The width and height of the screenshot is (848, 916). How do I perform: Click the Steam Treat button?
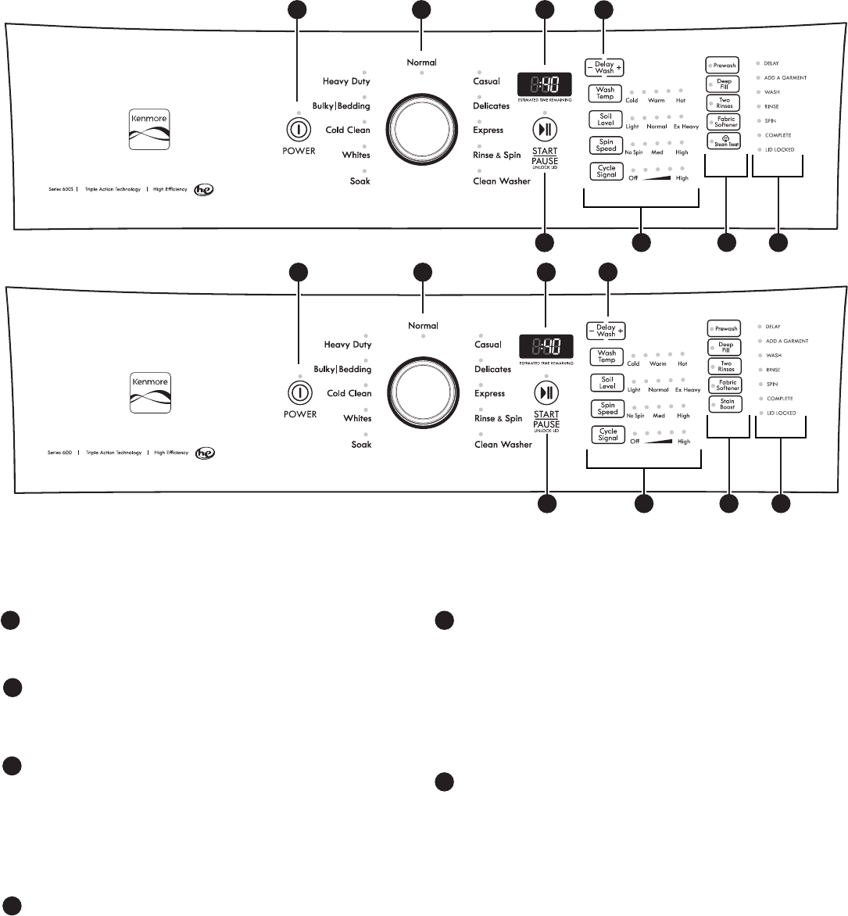724,141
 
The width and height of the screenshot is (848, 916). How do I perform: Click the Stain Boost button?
727,404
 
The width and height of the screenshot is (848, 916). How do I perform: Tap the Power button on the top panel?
299,130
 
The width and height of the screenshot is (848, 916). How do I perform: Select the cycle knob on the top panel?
422,130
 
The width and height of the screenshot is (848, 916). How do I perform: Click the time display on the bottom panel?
546,345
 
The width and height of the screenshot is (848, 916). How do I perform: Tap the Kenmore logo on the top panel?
148,130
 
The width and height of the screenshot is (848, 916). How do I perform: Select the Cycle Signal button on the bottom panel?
608,435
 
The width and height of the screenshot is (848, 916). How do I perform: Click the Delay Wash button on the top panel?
605,68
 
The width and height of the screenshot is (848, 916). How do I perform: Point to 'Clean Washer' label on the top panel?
502,181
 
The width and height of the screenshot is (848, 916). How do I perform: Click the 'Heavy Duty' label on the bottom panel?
348,345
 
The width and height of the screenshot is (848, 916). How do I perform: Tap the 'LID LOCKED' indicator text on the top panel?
779,149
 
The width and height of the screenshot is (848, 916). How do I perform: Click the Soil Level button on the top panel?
606,120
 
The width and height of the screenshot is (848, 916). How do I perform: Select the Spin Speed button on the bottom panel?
607,408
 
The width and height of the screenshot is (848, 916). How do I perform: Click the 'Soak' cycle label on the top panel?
360,181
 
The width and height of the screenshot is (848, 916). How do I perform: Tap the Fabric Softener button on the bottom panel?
727,385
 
